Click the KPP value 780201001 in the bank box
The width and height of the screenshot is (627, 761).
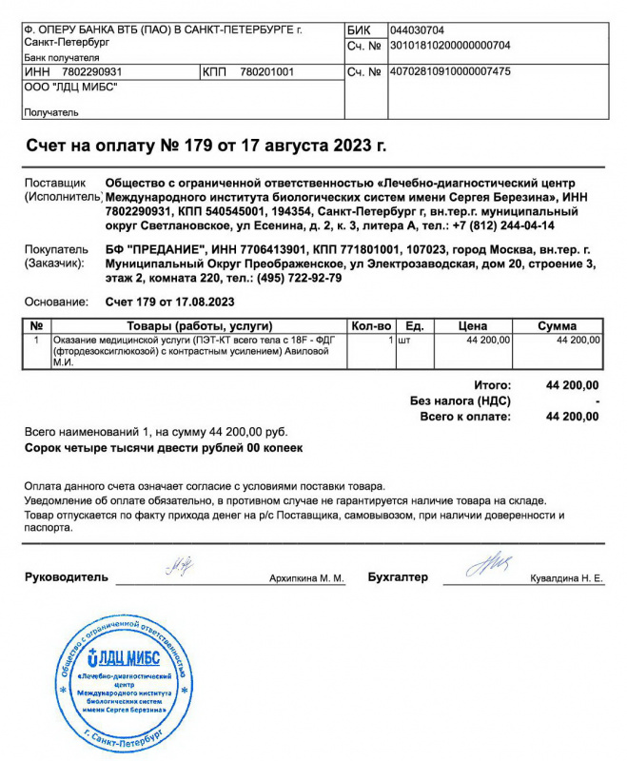pos(266,71)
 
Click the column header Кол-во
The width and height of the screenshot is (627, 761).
pos(371,325)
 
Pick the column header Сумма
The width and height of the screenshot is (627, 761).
pos(558,325)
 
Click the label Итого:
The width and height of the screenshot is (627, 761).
pos(493,385)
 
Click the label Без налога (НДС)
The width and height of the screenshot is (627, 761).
pos(460,401)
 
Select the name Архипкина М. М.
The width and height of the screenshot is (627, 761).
pos(306,578)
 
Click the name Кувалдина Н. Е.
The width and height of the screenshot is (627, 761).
pos(565,578)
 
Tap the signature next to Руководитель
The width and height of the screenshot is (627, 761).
pos(181,568)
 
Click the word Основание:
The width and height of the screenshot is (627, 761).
pos(52,302)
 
